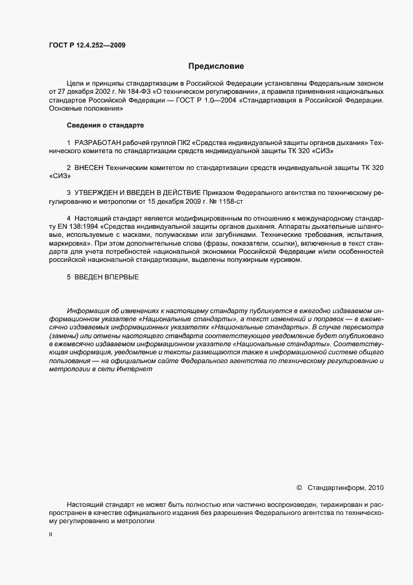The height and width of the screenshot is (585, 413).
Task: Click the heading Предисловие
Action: tap(216, 66)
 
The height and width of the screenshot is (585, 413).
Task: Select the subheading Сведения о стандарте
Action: tap(101, 126)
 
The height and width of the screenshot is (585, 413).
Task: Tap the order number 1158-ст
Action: tap(221, 203)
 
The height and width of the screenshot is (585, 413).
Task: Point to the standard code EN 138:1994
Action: tap(76, 225)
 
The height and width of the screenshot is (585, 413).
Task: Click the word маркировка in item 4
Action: tap(71, 242)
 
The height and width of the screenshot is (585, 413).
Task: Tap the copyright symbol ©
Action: tap(299, 487)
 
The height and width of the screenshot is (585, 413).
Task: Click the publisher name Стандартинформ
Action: tap(337, 487)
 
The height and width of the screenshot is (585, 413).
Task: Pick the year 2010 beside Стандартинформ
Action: tap(377, 487)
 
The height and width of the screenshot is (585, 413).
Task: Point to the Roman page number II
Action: tap(51, 535)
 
